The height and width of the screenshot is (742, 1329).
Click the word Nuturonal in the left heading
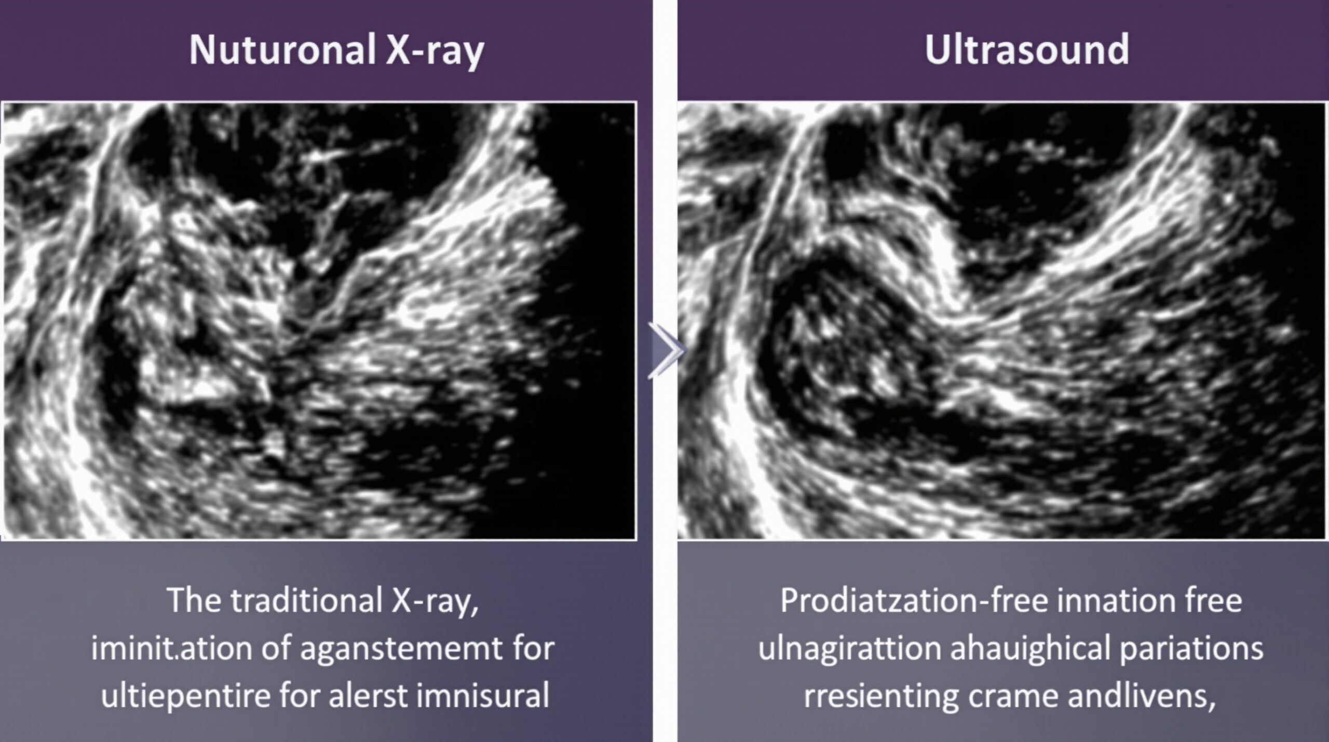click(282, 50)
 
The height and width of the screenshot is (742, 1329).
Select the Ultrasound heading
click(1026, 50)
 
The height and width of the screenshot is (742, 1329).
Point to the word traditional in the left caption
click(307, 601)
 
